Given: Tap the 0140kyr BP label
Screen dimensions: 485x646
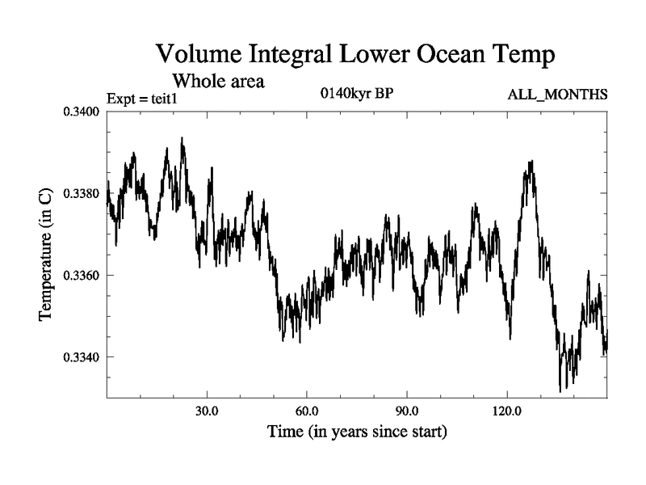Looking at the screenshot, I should [x=357, y=93].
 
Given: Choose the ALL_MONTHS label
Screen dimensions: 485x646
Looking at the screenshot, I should [x=557, y=95].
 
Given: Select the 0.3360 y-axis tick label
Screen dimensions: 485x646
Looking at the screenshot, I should [x=81, y=276].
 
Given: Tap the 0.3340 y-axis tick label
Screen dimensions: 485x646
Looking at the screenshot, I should [x=81, y=357].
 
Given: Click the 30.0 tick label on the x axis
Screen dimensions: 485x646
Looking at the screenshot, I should [x=208, y=411].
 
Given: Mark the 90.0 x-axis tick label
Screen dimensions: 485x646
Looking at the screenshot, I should [x=407, y=411].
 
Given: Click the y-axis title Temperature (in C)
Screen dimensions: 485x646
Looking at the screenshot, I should [x=47, y=255].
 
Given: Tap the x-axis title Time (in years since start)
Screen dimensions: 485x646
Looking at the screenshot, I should [x=357, y=432].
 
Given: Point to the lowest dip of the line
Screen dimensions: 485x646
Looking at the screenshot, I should [x=560, y=391].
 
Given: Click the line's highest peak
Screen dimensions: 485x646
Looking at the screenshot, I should [x=182, y=138].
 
